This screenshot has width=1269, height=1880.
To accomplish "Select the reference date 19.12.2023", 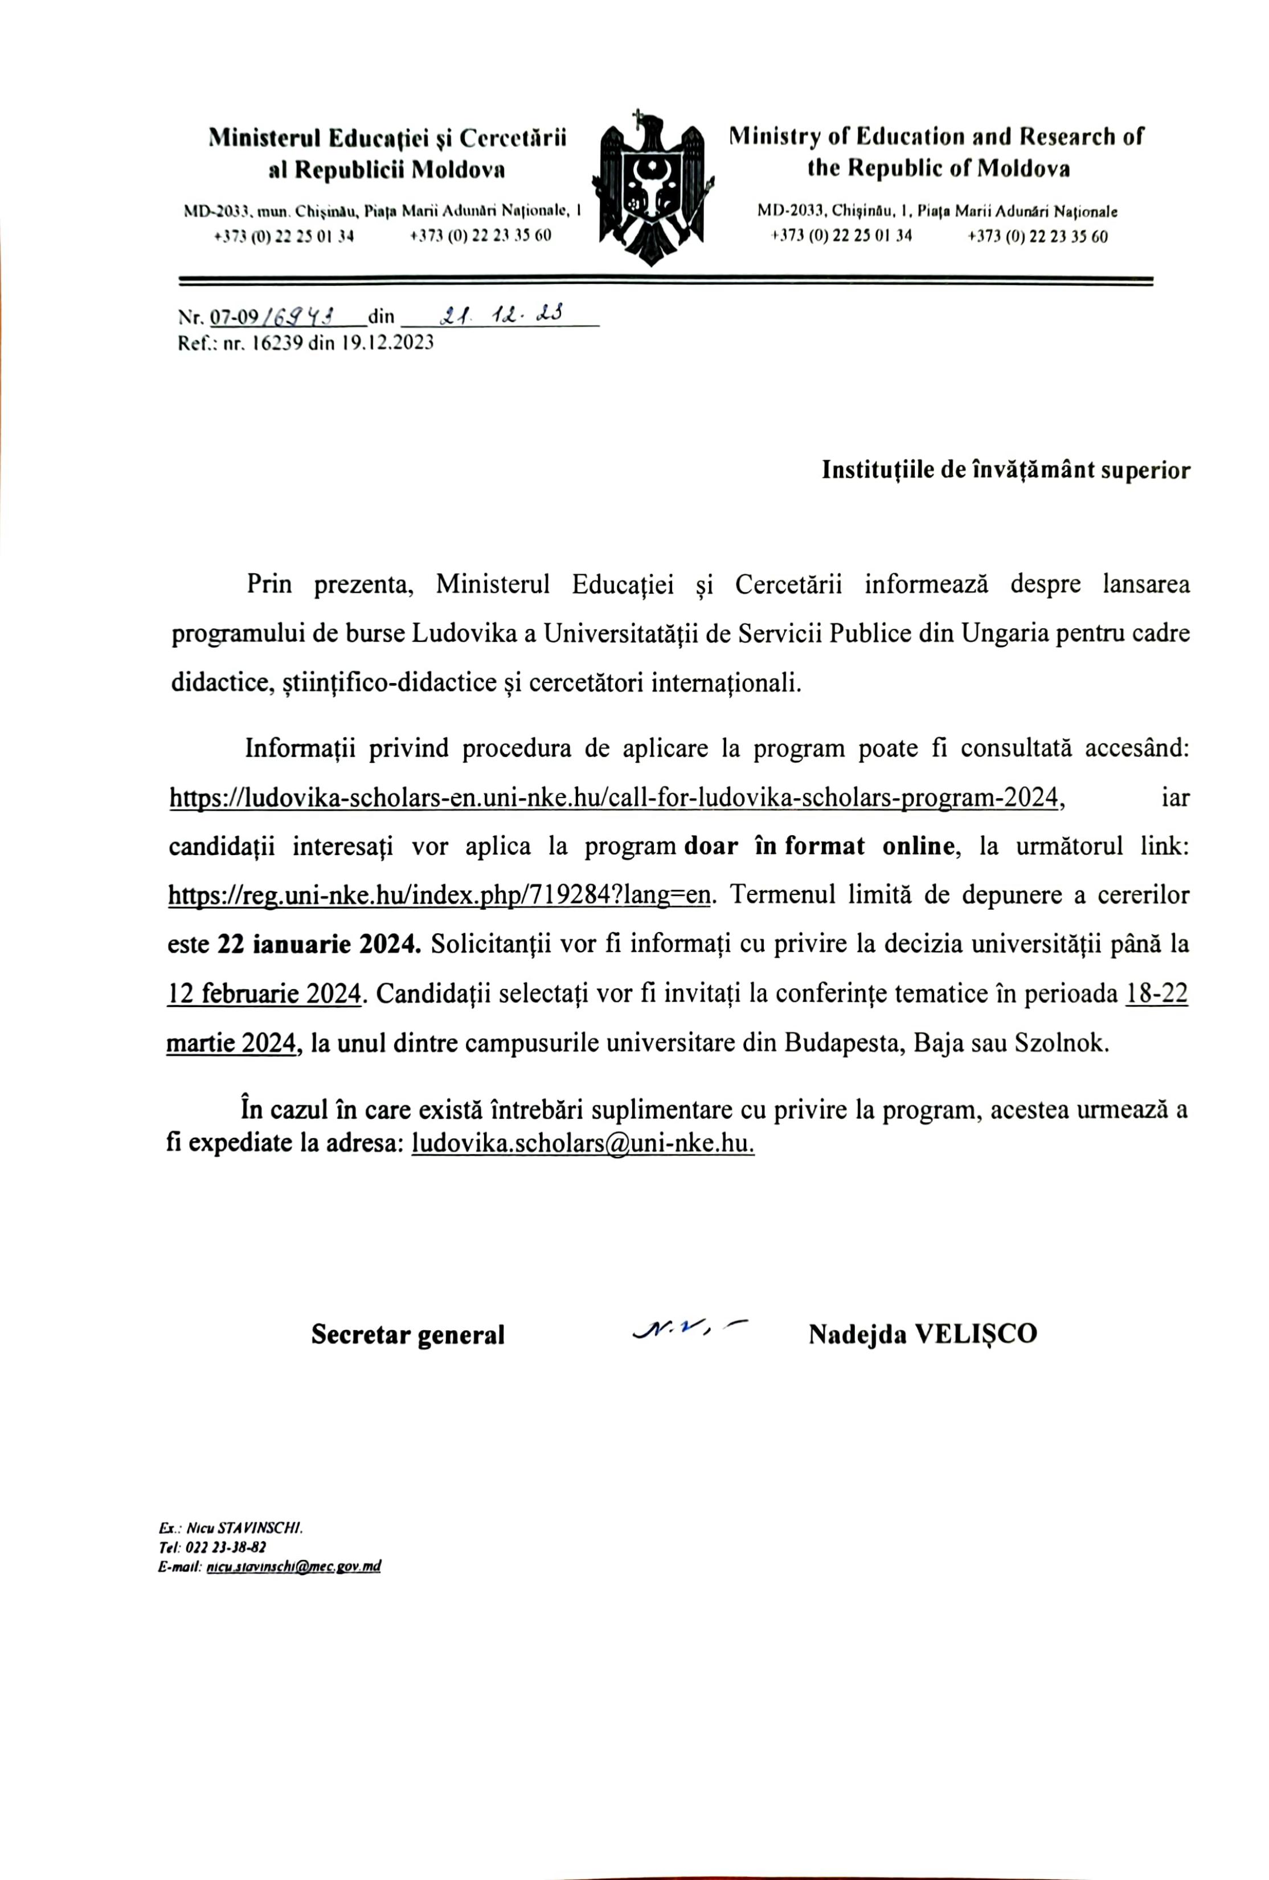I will point(387,342).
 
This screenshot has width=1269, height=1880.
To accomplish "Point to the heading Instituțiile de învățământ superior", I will point(1005,470).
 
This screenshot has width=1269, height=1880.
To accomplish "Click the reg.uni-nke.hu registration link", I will point(439,896).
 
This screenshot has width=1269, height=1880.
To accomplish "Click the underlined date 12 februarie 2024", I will point(263,994).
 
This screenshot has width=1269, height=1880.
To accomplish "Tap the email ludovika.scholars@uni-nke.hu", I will point(582,1144).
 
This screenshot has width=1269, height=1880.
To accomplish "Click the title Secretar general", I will point(408,1335).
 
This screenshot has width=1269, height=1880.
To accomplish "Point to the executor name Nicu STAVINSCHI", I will point(244,1530).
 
